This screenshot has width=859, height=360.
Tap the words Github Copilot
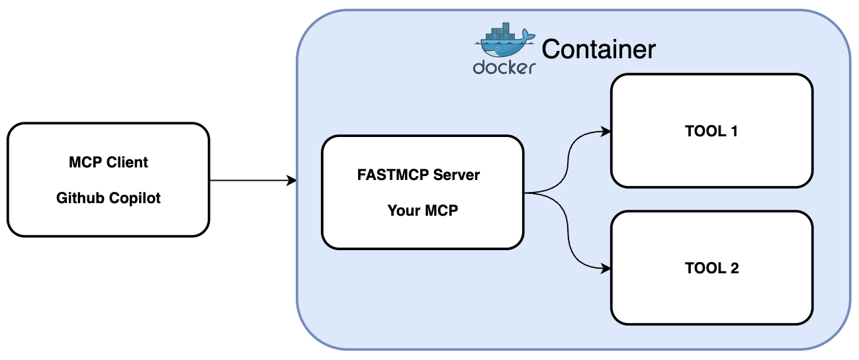tap(109, 198)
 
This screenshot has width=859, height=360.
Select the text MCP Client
tap(109, 162)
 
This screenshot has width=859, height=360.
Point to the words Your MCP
tap(422, 211)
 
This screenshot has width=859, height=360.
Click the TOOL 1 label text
tap(711, 131)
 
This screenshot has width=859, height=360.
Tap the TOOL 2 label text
tap(711, 268)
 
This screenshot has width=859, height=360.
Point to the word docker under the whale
tap(504, 67)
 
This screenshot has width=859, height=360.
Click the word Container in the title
tap(599, 49)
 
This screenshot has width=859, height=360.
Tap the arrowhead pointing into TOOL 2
tap(605, 269)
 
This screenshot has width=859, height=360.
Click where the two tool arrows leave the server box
tap(525, 193)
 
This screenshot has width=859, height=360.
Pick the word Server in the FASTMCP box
tap(457, 175)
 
